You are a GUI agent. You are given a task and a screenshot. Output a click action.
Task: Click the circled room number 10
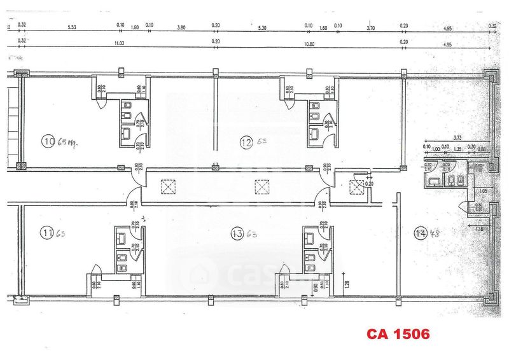coord(46,142)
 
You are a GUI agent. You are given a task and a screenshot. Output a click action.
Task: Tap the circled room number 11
coord(46,233)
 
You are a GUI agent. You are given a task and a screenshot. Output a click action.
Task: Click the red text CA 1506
coord(398,333)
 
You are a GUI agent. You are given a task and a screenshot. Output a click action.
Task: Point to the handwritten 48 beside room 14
coord(436,232)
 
